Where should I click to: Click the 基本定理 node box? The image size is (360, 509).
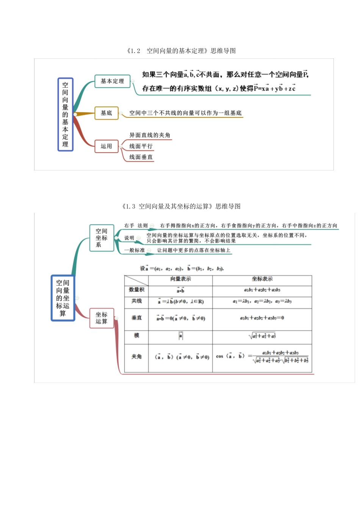pos(112,81)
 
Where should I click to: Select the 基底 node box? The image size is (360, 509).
pos(106,113)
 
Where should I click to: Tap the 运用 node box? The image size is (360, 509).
pos(106,146)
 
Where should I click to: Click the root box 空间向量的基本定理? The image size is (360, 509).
pos(65,114)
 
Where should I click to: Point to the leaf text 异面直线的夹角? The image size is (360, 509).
pos(150,135)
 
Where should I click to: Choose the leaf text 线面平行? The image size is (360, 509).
pos(141,146)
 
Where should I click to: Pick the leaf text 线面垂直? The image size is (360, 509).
pos(141,157)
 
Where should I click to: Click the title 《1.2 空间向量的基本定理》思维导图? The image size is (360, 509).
pos(181,51)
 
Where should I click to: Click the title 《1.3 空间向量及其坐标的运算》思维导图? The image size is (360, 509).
pos(181,206)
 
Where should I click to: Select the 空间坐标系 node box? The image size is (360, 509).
pos(101,238)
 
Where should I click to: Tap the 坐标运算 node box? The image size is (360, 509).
pos(101,318)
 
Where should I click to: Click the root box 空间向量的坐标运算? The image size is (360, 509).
pos(63,298)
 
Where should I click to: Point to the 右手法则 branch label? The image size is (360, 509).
pos(136,226)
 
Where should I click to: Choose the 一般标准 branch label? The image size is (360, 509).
pos(135,250)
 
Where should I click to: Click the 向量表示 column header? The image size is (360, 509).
pos(180,279)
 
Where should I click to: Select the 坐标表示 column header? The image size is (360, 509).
pos(262,279)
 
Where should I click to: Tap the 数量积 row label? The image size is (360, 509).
pos(136,290)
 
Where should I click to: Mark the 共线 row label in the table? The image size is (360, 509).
pos(136,301)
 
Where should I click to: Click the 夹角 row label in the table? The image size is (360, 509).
pos(136,356)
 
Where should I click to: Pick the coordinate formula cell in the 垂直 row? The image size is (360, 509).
pos(262,318)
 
